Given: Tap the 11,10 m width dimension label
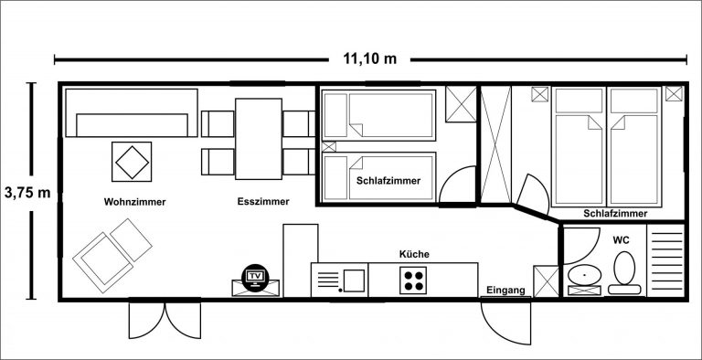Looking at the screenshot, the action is coord(370,58).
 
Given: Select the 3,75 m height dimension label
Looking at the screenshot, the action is coord(27,193).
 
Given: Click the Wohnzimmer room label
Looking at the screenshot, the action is coord(134,202).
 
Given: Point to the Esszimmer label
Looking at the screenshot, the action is coord(263,202).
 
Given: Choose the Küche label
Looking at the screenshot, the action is coord(414,254).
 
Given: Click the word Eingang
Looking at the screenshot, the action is coord(505,291).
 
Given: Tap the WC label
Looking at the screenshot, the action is coord(621,240).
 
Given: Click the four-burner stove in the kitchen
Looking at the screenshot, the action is coord(413,281).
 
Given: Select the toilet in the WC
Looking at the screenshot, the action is coord(624,272).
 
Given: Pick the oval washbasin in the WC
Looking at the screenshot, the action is coord(584,274).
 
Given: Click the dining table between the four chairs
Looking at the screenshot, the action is coord(259,139).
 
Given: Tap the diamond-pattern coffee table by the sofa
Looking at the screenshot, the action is coord(132,162).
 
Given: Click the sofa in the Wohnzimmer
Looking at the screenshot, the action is coord(132,112).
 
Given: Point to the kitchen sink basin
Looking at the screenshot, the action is coord(354,281).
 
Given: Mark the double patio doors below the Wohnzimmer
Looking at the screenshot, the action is coord(165,319).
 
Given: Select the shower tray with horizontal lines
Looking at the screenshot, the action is coord(665,260).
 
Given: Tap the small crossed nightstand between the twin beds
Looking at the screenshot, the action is coord(329,146).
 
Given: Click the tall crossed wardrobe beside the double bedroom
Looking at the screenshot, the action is coord(495,144).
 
